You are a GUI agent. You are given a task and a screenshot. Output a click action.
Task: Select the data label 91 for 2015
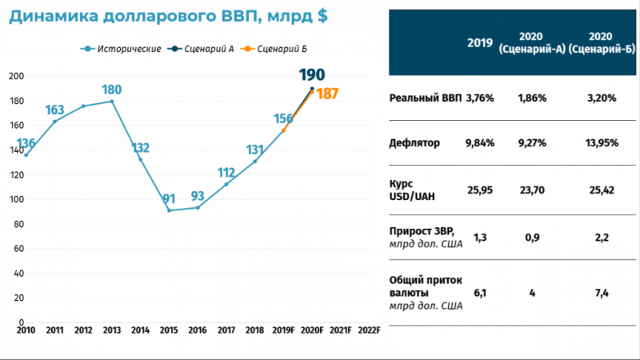point(169,199)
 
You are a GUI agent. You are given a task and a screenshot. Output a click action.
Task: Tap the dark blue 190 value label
point(312,75)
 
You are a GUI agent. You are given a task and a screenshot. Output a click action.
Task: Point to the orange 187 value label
point(327,94)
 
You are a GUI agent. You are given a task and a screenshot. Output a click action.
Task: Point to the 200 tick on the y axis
point(15,76)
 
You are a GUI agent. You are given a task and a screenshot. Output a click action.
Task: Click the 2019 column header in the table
point(480,43)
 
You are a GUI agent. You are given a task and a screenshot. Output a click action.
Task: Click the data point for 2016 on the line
point(198,207)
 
